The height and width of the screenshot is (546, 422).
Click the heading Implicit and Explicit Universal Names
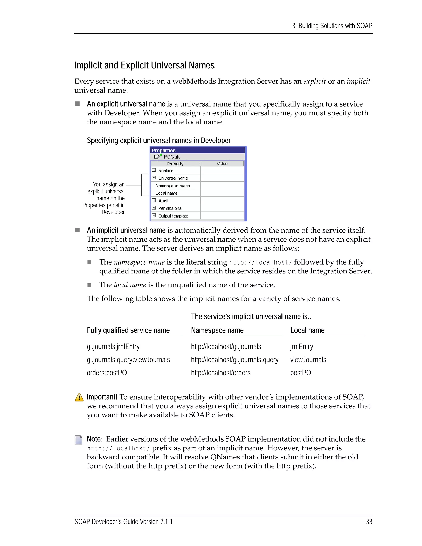[x=144, y=66]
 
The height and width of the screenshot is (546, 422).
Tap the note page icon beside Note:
[x=79, y=440]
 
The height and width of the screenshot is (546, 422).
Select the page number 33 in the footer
[x=369, y=521]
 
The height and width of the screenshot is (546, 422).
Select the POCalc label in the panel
[x=172, y=157]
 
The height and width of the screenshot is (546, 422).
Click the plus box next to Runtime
[x=154, y=170]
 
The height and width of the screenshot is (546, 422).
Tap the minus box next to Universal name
[x=154, y=178]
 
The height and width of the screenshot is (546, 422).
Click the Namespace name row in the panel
[x=172, y=185]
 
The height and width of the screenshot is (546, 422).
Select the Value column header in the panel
[x=222, y=164]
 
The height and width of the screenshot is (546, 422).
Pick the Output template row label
[x=173, y=216]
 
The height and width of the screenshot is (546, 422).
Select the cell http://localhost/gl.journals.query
[x=234, y=360]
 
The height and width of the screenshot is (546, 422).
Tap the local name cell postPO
[x=300, y=373]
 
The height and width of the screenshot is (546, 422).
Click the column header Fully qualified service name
[x=128, y=330]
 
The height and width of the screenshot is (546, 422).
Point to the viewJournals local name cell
[x=308, y=360]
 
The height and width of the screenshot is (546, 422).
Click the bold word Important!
[x=102, y=397]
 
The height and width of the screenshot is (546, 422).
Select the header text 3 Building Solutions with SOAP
[x=332, y=26]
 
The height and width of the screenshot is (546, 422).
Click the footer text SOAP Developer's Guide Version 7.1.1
[x=123, y=521]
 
